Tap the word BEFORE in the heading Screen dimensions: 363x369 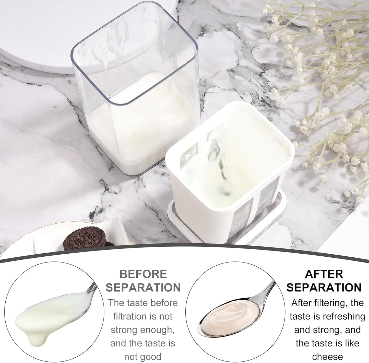[x=143, y=274]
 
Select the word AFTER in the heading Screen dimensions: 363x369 [x=324, y=274]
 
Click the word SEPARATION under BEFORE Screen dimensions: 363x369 [x=143, y=288]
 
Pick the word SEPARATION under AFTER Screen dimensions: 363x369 [x=324, y=288]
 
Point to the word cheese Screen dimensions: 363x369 [x=327, y=357]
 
